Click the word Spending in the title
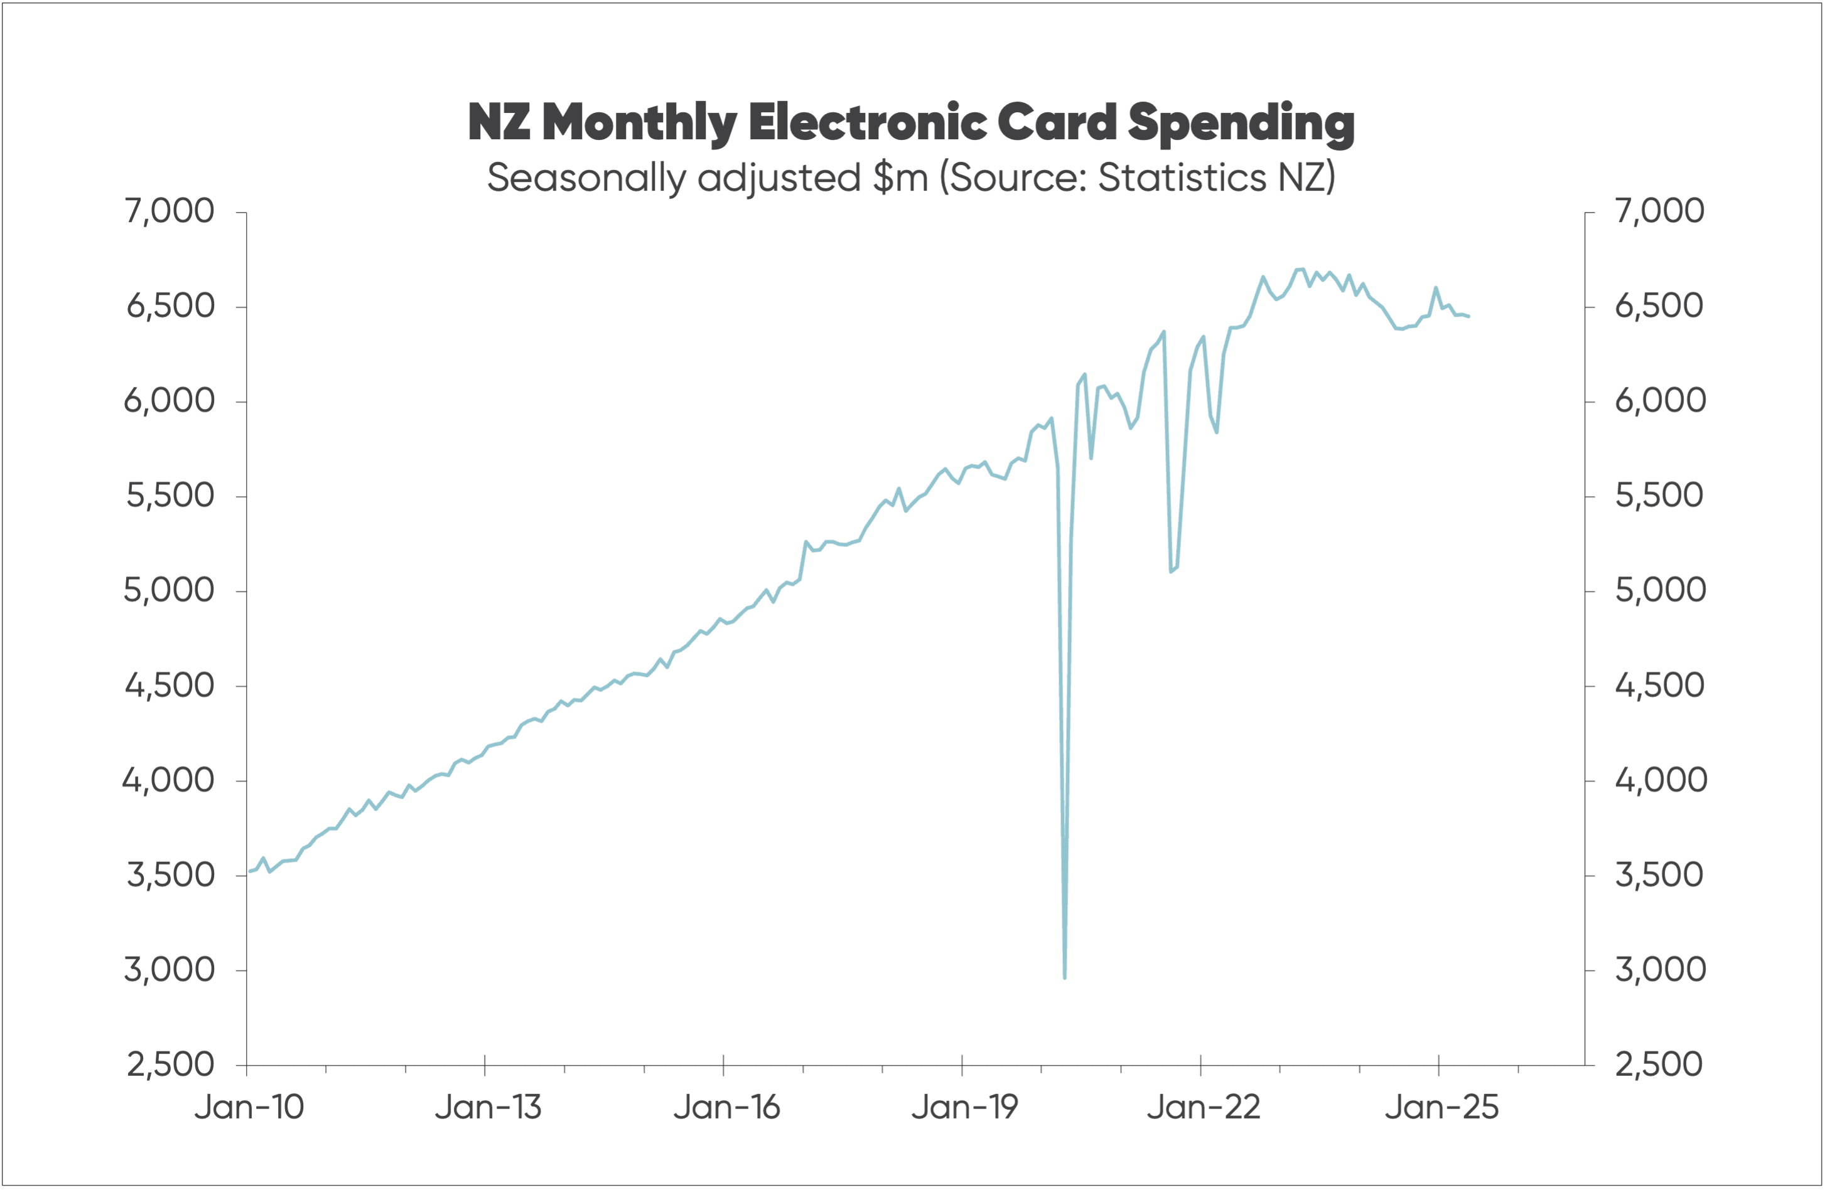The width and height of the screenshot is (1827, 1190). (x=1241, y=123)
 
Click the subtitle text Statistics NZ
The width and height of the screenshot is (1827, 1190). (x=1216, y=178)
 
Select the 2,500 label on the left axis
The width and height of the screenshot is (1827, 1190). (x=170, y=1065)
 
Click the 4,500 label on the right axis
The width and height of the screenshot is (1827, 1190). (x=1659, y=685)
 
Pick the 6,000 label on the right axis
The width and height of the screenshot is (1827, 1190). (x=1659, y=400)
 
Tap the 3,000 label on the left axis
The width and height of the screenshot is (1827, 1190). (x=170, y=970)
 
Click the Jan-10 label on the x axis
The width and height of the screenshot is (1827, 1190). (x=249, y=1107)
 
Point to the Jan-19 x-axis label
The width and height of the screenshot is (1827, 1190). (x=964, y=1107)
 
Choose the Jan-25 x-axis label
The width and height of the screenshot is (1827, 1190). (x=1441, y=1107)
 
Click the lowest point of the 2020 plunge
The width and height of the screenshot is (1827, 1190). (x=1065, y=977)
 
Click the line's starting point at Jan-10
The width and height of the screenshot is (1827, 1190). (x=249, y=871)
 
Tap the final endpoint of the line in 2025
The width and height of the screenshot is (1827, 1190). (x=1469, y=316)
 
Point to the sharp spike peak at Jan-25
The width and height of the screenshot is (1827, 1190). (x=1435, y=288)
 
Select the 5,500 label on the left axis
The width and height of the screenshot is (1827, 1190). (x=170, y=496)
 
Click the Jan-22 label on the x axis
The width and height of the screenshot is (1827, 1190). (x=1203, y=1107)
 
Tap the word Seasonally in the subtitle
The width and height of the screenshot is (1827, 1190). (x=586, y=178)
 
